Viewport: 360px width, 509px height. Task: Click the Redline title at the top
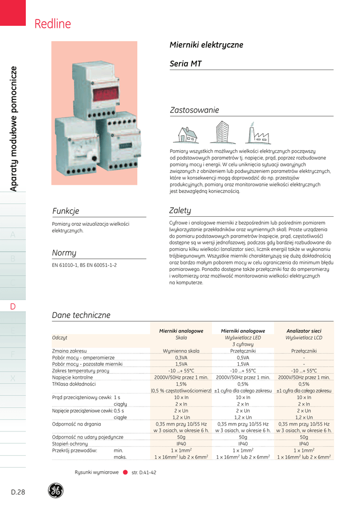point(53,24)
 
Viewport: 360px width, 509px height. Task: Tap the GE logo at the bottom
point(56,491)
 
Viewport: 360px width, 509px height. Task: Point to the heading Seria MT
point(185,64)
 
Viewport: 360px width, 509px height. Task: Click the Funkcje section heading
point(66,211)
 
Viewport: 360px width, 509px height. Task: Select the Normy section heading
point(64,253)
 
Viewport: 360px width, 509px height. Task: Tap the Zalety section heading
point(181,211)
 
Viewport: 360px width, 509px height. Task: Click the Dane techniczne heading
point(81,315)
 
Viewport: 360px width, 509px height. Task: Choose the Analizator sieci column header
point(304,331)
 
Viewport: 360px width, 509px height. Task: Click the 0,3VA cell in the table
point(181,357)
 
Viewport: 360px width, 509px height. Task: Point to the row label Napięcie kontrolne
point(73,377)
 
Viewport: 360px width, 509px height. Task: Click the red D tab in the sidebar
point(13,306)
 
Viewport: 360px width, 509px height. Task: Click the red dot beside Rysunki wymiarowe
point(125,472)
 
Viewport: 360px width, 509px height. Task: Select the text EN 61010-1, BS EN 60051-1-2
point(85,265)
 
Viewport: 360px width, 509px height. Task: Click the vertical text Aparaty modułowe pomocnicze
point(13,129)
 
